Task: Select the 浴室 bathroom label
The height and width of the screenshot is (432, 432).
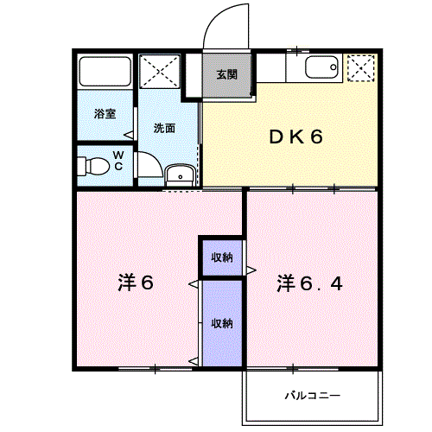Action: (105, 113)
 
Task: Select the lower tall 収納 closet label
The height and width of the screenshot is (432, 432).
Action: (222, 323)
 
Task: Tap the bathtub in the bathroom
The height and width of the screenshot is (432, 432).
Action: (104, 71)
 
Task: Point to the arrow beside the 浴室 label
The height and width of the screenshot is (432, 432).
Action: (128, 134)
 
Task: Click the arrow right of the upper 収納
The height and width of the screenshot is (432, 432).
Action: (250, 271)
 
